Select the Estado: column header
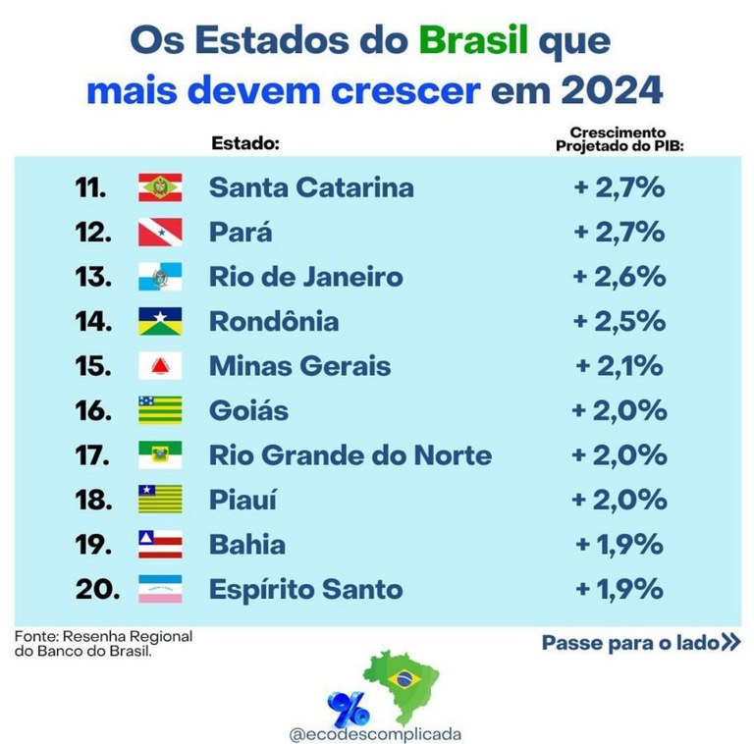(245, 143)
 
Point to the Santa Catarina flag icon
(159, 186)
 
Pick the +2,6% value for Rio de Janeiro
(619, 277)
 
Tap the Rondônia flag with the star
(159, 322)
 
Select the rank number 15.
(96, 366)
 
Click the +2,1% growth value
(619, 366)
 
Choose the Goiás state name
(248, 410)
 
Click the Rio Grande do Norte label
(350, 455)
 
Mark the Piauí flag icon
(159, 500)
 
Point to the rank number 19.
(96, 545)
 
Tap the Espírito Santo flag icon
(159, 589)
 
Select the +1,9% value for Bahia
(619, 545)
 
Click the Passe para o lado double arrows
(729, 644)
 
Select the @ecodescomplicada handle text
(376, 732)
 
